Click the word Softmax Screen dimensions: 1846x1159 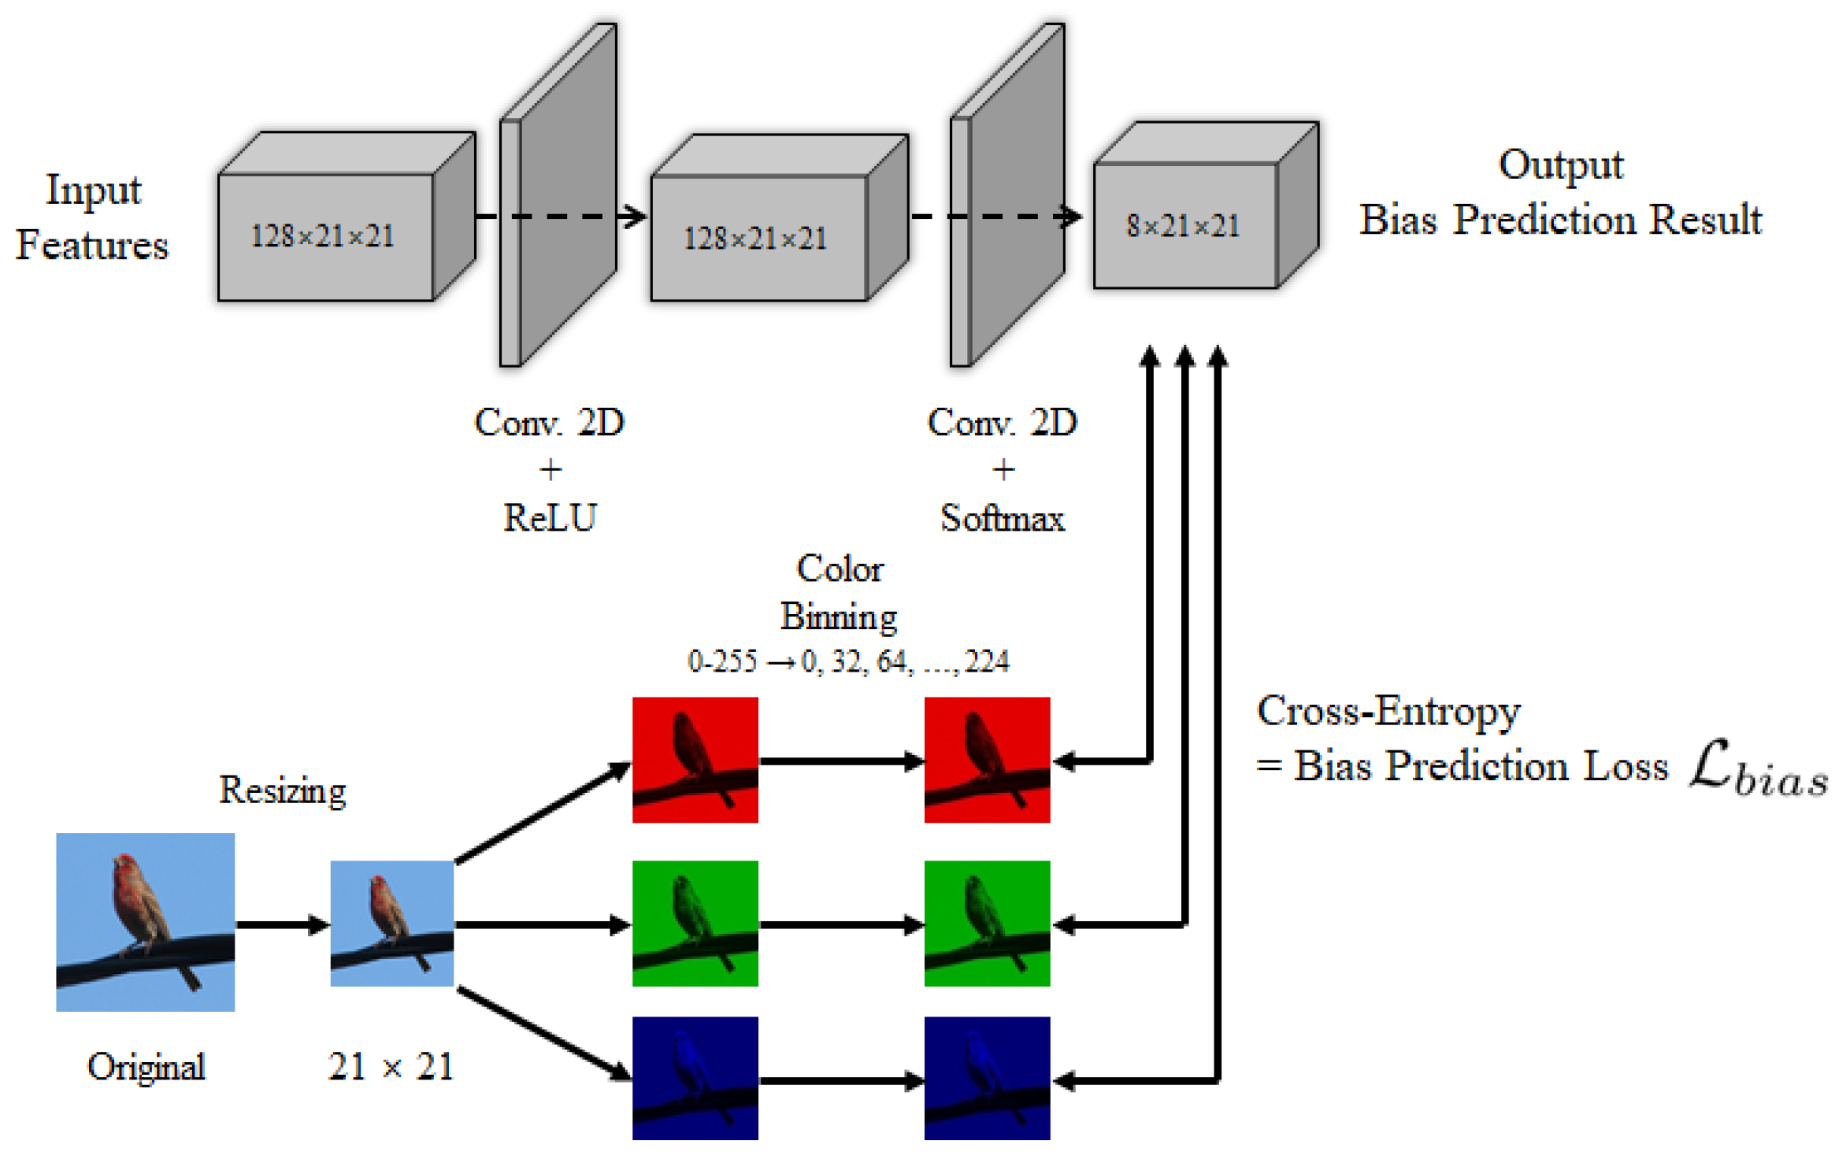[1003, 519]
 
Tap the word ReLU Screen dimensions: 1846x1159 [550, 518]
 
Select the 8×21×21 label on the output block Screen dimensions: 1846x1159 [1183, 226]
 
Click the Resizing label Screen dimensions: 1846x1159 [282, 791]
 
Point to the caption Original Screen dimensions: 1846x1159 [146, 1068]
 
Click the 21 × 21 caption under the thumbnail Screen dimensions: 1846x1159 [391, 1067]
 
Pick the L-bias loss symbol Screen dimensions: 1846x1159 [1759, 768]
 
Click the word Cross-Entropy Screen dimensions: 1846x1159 [1388, 713]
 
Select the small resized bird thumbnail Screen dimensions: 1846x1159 [392, 924]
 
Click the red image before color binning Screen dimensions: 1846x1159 [695, 760]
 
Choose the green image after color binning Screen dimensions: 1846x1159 [988, 924]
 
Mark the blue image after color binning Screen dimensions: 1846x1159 [988, 1079]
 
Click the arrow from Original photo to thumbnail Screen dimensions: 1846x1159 [283, 924]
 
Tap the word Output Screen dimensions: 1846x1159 [1561, 166]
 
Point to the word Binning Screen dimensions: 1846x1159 [839, 617]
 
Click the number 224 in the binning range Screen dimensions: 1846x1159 [987, 661]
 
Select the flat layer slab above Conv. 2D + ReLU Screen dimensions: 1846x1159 [558, 194]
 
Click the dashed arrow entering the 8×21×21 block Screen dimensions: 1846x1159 [996, 216]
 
